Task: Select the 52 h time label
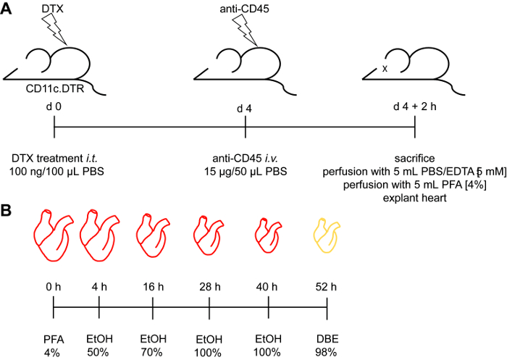tap(327, 287)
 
